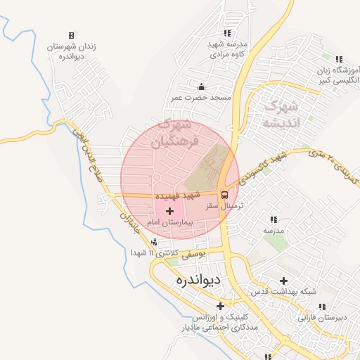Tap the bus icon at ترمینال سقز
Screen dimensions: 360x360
click(224, 195)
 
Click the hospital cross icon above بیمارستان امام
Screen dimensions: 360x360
click(169, 210)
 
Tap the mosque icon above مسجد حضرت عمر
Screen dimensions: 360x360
click(202, 86)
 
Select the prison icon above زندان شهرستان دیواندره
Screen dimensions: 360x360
click(71, 35)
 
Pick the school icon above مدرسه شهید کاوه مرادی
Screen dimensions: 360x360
click(226, 32)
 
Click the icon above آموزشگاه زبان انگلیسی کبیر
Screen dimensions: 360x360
click(339, 59)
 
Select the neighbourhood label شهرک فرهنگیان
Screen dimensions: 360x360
click(175, 132)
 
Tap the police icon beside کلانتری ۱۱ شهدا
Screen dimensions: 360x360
click(155, 243)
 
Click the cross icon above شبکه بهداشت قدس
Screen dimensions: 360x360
click(283, 281)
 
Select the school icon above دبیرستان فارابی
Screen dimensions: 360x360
click(323, 307)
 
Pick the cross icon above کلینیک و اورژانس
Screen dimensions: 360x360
click(221, 306)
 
